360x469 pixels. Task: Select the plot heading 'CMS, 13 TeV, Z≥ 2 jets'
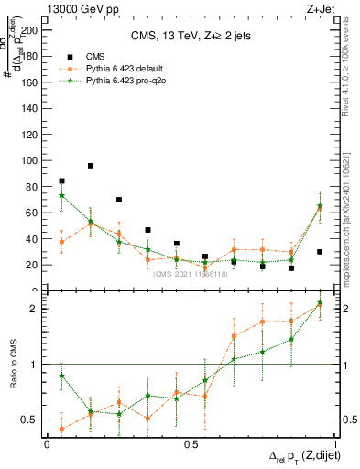[190, 36]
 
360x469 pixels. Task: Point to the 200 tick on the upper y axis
[33, 29]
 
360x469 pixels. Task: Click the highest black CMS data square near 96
[91, 166]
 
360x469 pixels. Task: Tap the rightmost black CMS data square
[320, 252]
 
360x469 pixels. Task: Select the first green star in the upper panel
[61, 195]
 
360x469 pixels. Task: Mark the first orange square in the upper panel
[61, 242]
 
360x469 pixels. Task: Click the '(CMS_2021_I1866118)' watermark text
[191, 274]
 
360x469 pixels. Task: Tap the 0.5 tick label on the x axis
[190, 444]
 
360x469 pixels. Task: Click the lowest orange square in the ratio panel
[61, 429]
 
